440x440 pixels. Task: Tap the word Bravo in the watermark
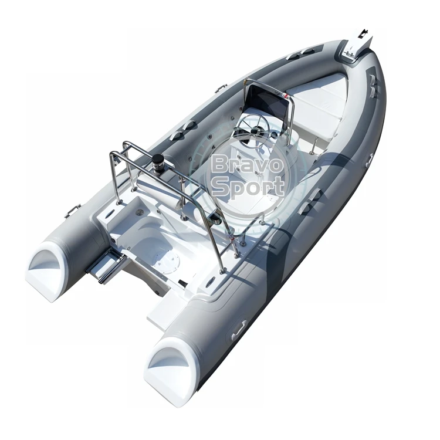pyautogui.click(x=246, y=165)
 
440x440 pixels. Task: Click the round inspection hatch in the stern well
pyautogui.click(x=165, y=262)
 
